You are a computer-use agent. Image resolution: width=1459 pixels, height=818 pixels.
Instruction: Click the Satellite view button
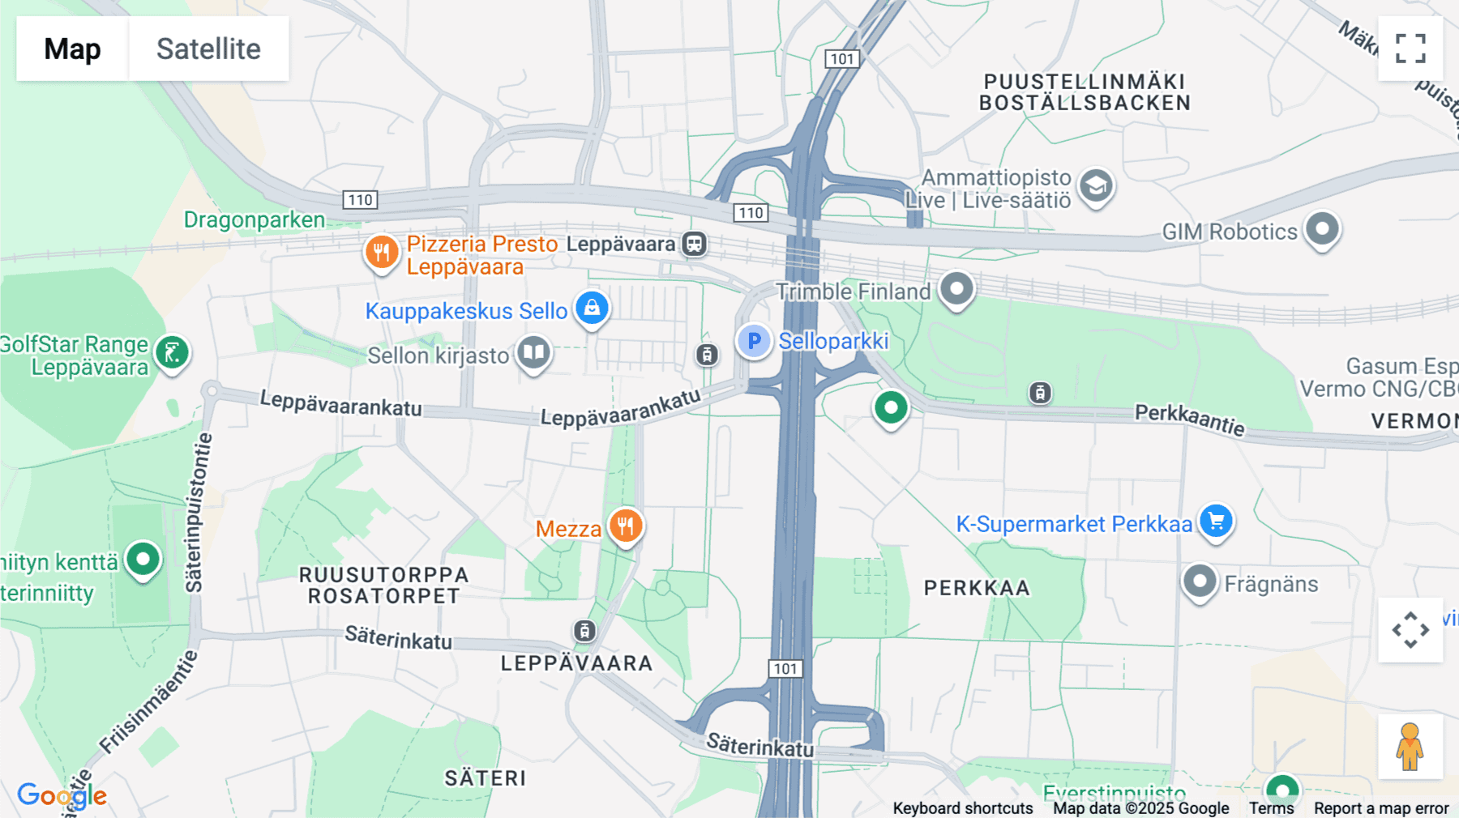(208, 49)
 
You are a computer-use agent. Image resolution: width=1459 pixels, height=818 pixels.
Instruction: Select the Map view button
(72, 49)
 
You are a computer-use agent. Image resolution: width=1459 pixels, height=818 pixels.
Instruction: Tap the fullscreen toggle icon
(1410, 49)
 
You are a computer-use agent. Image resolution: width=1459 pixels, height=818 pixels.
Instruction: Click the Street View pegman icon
(1410, 746)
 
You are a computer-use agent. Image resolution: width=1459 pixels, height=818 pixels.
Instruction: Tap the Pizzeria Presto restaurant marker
(381, 252)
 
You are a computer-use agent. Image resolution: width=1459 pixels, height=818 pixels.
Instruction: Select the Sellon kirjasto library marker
(533, 352)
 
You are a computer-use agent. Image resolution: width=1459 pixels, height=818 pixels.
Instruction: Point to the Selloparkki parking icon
(754, 341)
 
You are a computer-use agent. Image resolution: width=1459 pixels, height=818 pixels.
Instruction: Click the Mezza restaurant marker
(626, 526)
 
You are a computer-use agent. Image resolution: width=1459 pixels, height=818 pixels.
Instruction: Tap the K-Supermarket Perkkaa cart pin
(1216, 521)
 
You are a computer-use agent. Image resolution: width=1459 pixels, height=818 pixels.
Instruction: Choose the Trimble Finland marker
(956, 288)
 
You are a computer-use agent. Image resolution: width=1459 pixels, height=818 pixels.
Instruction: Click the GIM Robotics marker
(1322, 229)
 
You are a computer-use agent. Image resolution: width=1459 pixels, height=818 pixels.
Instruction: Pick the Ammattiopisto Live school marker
(1096, 187)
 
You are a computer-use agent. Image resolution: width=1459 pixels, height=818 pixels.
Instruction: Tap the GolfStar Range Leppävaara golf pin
(172, 353)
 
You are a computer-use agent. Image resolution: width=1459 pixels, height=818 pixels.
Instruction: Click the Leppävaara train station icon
(694, 244)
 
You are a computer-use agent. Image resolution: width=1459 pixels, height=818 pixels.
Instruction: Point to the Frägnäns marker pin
(1200, 581)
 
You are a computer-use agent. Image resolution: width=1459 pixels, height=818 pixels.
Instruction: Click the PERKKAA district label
(977, 588)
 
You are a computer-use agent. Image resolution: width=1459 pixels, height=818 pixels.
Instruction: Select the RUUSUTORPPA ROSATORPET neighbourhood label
(383, 586)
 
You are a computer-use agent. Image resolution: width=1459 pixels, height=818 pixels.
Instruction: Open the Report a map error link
(1381, 808)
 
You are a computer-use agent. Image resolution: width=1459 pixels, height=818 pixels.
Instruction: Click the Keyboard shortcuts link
(962, 808)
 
